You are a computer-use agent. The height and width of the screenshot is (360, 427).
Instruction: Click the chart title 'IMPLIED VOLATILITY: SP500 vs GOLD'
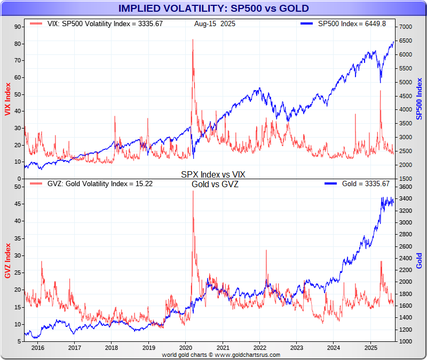pyautogui.click(x=213, y=9)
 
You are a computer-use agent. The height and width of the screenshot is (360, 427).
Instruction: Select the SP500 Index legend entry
pyautogui.click(x=347, y=24)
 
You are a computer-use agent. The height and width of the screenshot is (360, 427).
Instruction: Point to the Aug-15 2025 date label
pyautogui.click(x=215, y=24)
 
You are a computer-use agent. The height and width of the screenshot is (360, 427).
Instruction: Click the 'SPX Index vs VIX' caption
pyautogui.click(x=213, y=174)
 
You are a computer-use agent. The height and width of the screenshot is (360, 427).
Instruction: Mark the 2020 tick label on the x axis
pyautogui.click(x=185, y=347)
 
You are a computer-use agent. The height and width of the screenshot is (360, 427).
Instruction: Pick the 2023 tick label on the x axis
pyautogui.click(x=296, y=347)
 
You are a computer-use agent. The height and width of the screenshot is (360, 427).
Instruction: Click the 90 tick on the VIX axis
pyautogui.click(x=17, y=27)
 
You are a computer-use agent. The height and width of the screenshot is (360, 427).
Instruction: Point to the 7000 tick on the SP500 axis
pyautogui.click(x=406, y=27)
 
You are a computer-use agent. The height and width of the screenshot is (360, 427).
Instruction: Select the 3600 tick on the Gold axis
pyautogui.click(x=406, y=187)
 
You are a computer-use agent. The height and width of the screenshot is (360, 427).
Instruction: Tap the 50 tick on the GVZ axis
pyautogui.click(x=17, y=187)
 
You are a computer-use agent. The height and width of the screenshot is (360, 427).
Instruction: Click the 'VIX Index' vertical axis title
pyautogui.click(x=7, y=99)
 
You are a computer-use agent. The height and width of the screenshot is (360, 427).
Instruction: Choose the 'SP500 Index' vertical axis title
pyautogui.click(x=420, y=99)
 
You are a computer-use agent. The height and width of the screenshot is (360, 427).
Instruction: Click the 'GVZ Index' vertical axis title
pyautogui.click(x=7, y=260)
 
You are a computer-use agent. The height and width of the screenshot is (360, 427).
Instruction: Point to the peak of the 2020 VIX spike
pyautogui.click(x=193, y=39)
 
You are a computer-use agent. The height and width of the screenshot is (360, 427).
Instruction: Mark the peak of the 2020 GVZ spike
pyautogui.click(x=193, y=191)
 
